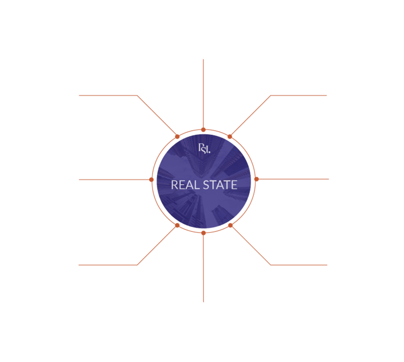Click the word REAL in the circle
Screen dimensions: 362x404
click(x=183, y=185)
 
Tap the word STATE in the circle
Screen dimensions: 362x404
click(x=219, y=185)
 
